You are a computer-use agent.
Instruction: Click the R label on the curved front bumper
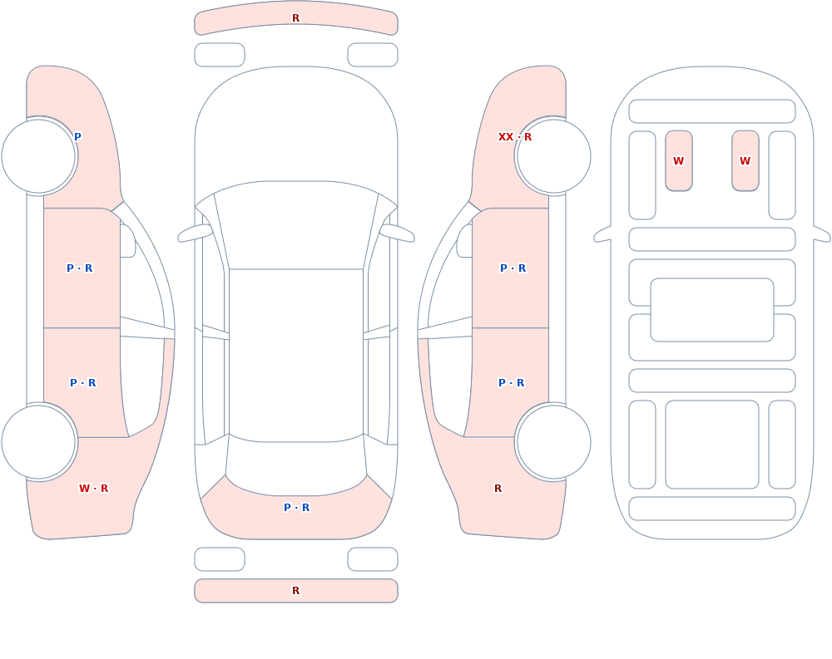click(295, 18)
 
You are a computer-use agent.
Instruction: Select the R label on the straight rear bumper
click(295, 591)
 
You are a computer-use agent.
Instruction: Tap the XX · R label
click(515, 137)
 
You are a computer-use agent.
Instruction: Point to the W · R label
click(93, 489)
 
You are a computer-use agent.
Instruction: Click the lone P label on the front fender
click(77, 137)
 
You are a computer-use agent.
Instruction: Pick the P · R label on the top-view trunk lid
click(297, 508)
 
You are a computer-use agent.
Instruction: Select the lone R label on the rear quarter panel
click(498, 489)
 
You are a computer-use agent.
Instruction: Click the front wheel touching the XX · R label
click(553, 156)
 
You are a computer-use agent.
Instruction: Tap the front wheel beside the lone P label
click(39, 156)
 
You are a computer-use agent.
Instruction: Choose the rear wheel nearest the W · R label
click(39, 441)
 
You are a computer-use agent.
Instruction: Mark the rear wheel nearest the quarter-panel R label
click(553, 441)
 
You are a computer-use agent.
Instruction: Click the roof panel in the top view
click(296, 355)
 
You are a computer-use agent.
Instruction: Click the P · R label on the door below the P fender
click(80, 268)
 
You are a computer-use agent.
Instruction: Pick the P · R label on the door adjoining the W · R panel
click(82, 383)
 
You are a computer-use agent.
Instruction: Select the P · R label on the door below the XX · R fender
click(513, 268)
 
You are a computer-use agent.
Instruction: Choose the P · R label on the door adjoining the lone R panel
click(512, 383)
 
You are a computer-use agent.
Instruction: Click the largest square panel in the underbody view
click(712, 445)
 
